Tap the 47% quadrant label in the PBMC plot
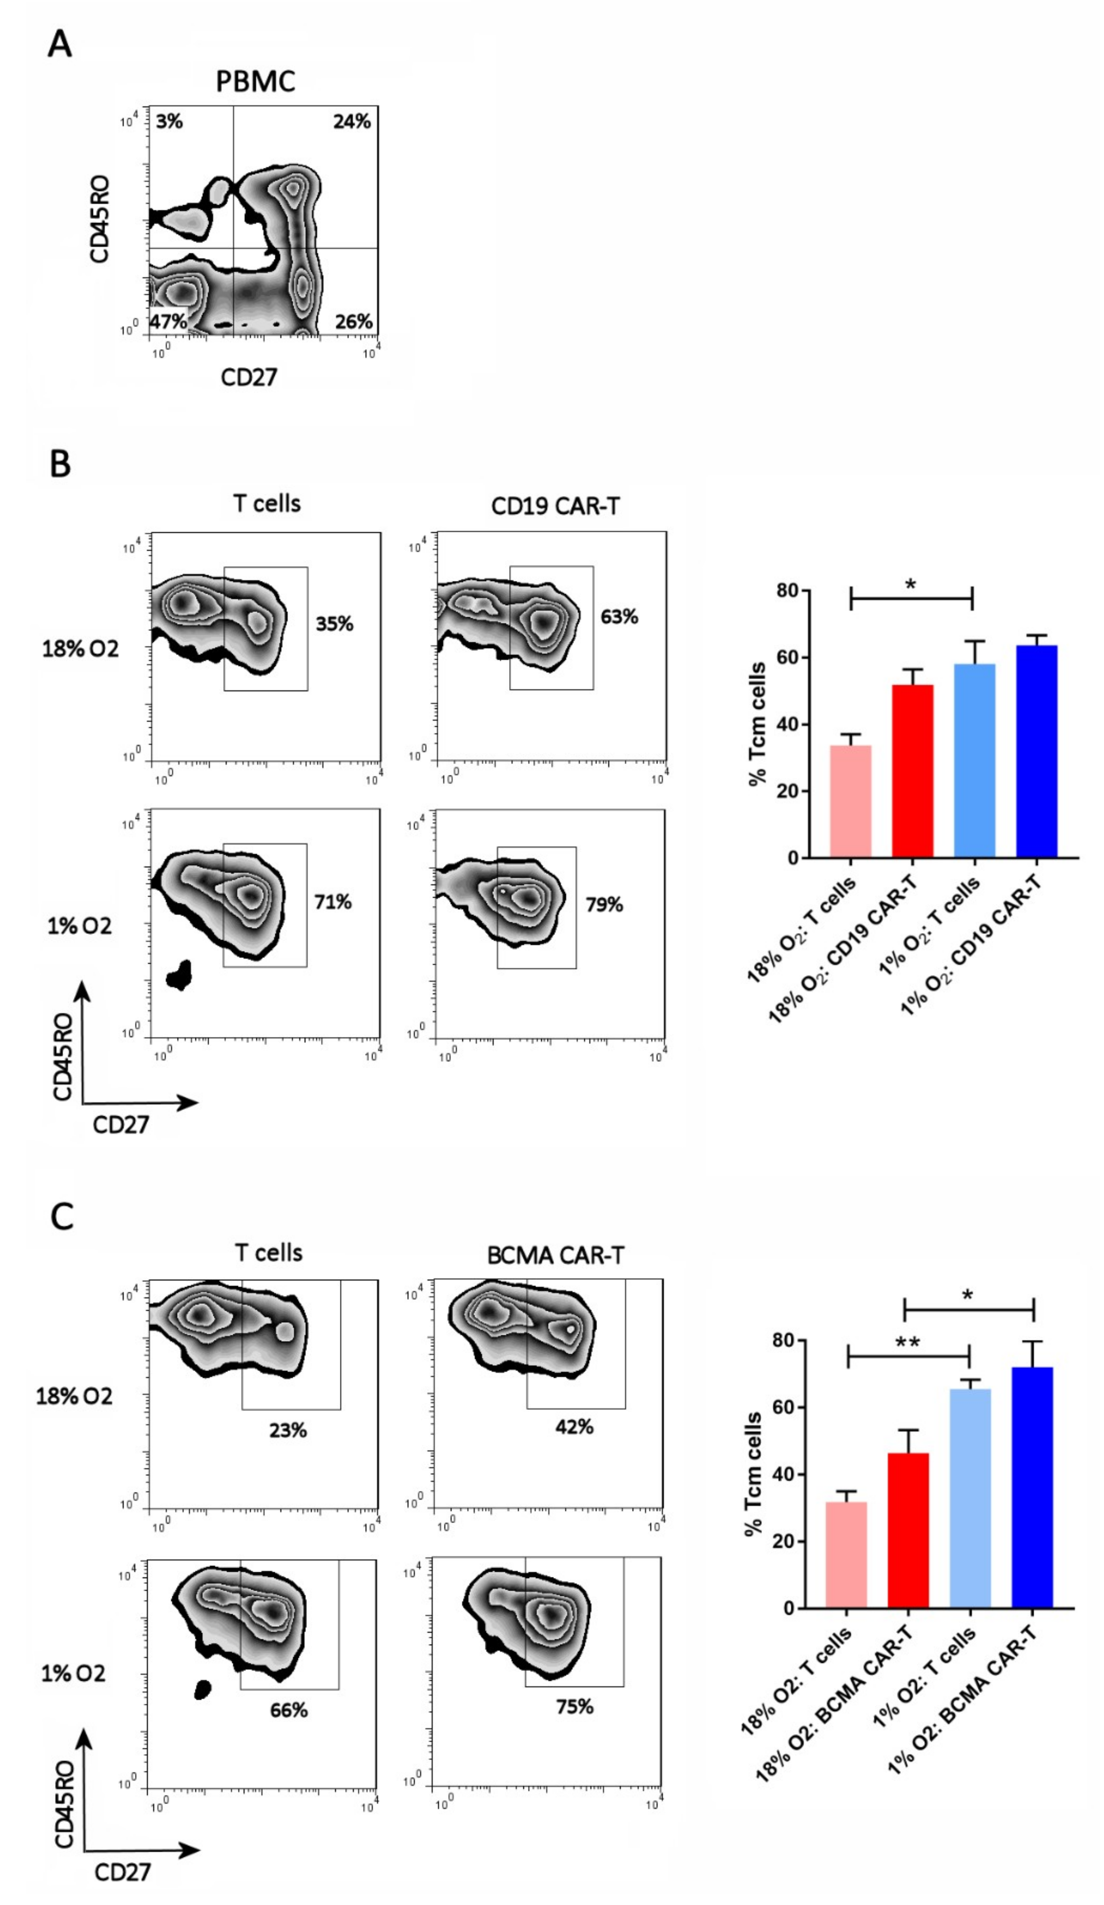pyautogui.click(x=168, y=321)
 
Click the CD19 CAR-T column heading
pyautogui.click(x=555, y=506)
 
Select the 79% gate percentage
pyautogui.click(x=604, y=904)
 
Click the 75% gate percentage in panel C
pyautogui.click(x=575, y=1707)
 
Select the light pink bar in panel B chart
pyautogui.click(x=851, y=801)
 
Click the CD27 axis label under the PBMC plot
pyautogui.click(x=249, y=376)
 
